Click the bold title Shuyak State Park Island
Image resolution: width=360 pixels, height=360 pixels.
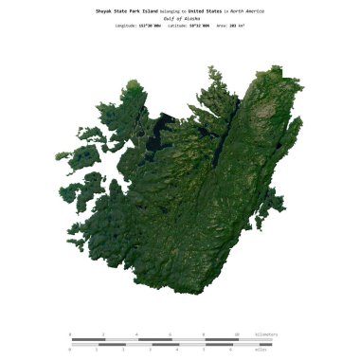click(127, 10)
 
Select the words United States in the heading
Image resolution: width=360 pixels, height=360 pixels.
click(207, 10)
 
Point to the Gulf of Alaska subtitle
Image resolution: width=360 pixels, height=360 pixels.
click(179, 18)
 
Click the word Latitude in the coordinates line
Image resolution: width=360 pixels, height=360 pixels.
click(177, 27)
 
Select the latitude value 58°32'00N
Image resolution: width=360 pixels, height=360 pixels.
click(201, 27)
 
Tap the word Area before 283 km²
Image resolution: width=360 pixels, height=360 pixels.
click(225, 27)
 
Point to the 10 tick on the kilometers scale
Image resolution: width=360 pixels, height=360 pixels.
click(237, 334)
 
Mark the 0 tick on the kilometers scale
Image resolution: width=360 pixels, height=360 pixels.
click(70, 334)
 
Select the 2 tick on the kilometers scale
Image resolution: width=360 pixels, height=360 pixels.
click(103, 334)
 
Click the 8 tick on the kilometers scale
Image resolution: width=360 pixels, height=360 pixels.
click(204, 334)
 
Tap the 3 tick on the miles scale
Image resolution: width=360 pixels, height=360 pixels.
click(151, 350)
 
